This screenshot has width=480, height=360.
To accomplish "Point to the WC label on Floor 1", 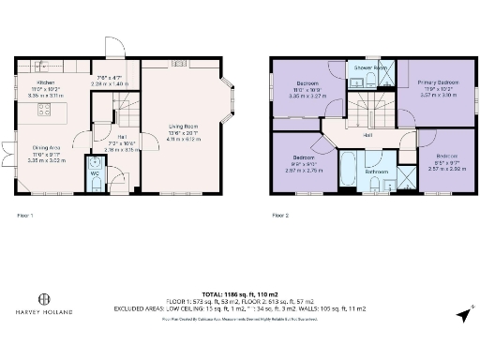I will coord(95,172).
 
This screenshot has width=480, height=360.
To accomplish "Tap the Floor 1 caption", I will coord(26,215).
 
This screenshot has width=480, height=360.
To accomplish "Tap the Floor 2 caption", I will coord(279,215).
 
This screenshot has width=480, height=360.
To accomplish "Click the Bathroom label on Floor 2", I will coord(377,172).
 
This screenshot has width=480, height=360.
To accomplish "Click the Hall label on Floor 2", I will coord(369,136).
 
